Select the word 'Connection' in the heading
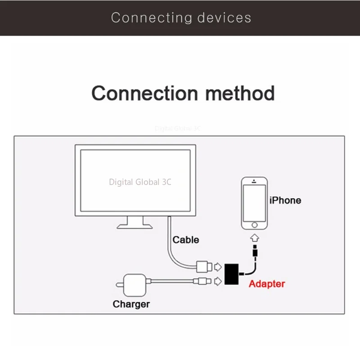(x=144, y=94)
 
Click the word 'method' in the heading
(x=239, y=94)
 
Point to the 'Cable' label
(x=186, y=240)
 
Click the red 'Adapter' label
(x=266, y=284)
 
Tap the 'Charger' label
(x=131, y=304)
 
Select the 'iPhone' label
(x=285, y=200)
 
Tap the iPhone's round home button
(x=254, y=224)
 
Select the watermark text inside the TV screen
(x=140, y=182)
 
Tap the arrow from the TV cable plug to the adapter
(x=218, y=267)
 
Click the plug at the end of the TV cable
(x=203, y=267)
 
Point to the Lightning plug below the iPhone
(x=255, y=251)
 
